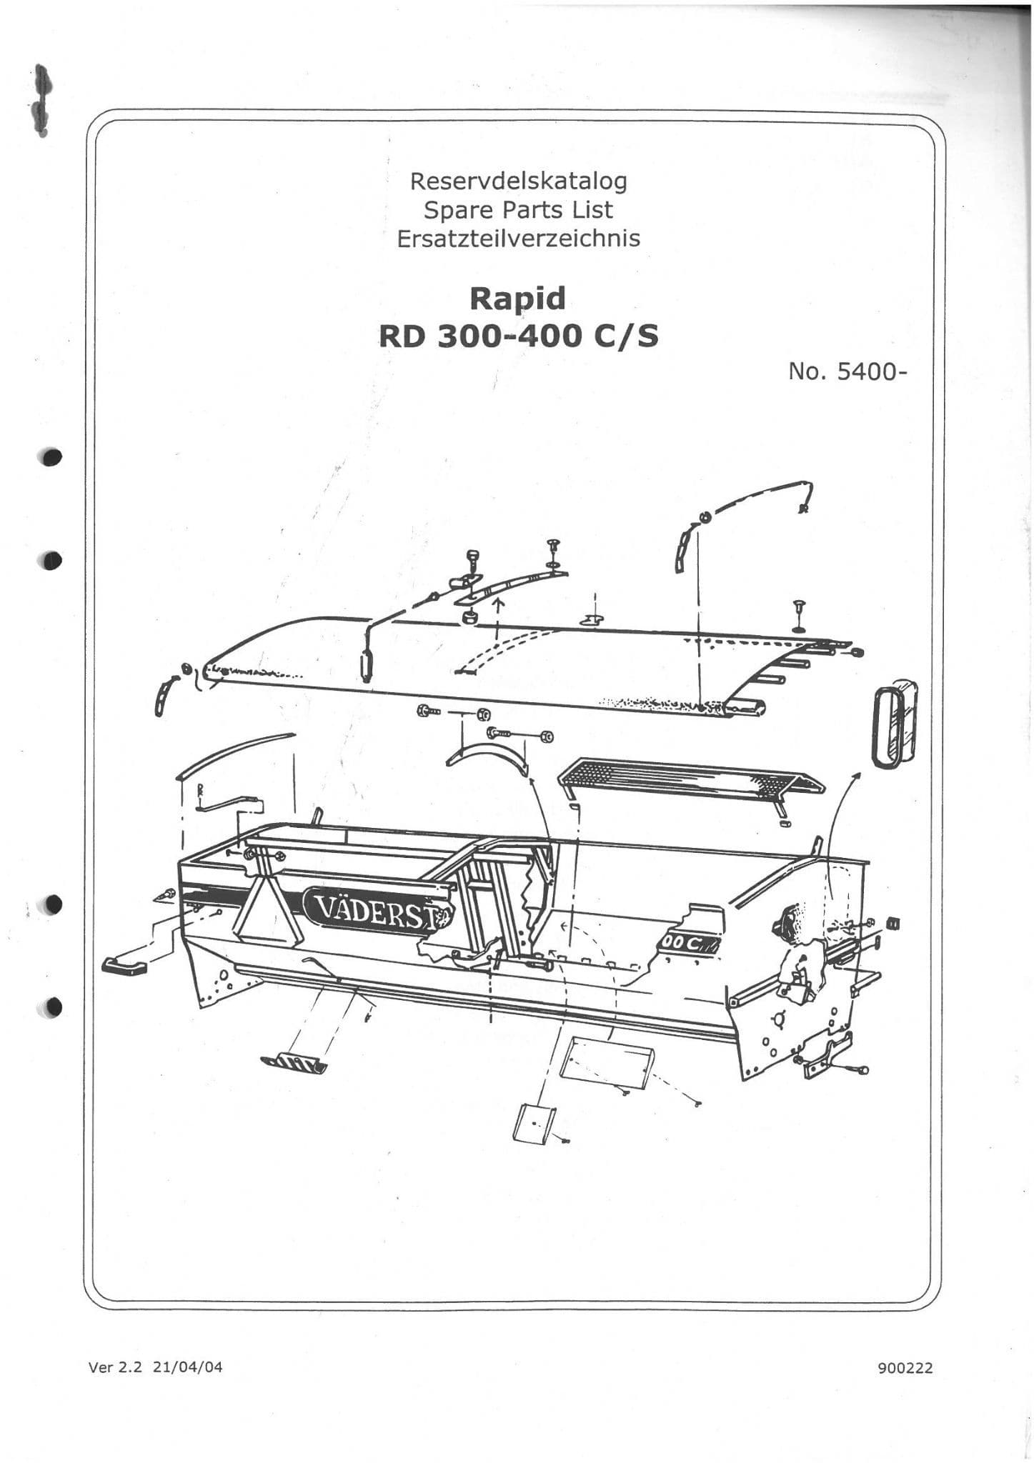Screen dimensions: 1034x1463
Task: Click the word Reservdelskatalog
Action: coord(518,181)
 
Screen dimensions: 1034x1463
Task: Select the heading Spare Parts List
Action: coord(518,210)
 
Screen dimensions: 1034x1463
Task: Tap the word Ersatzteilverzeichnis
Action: coord(518,238)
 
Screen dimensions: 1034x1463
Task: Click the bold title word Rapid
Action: coord(517,299)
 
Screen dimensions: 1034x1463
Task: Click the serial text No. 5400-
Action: coord(847,371)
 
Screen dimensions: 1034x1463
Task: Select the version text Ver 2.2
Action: coord(116,1367)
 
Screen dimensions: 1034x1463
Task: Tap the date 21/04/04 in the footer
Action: coord(188,1367)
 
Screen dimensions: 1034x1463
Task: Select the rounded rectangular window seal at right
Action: coord(895,726)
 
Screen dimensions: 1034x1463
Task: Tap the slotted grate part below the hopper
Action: coord(294,1062)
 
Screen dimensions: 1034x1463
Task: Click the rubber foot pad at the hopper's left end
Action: coord(125,967)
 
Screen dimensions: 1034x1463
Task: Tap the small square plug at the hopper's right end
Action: coord(893,923)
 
